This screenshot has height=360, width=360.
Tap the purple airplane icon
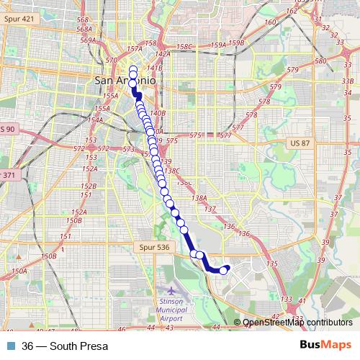(171, 290)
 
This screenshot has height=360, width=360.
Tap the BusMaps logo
(325, 346)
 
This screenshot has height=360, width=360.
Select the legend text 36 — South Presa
(65, 346)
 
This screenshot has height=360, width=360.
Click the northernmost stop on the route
(133, 68)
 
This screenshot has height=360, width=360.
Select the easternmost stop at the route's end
(228, 269)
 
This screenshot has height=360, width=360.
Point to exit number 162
(291, 11)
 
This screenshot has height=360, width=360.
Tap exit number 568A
(84, 30)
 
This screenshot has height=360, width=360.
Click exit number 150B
(49, 256)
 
